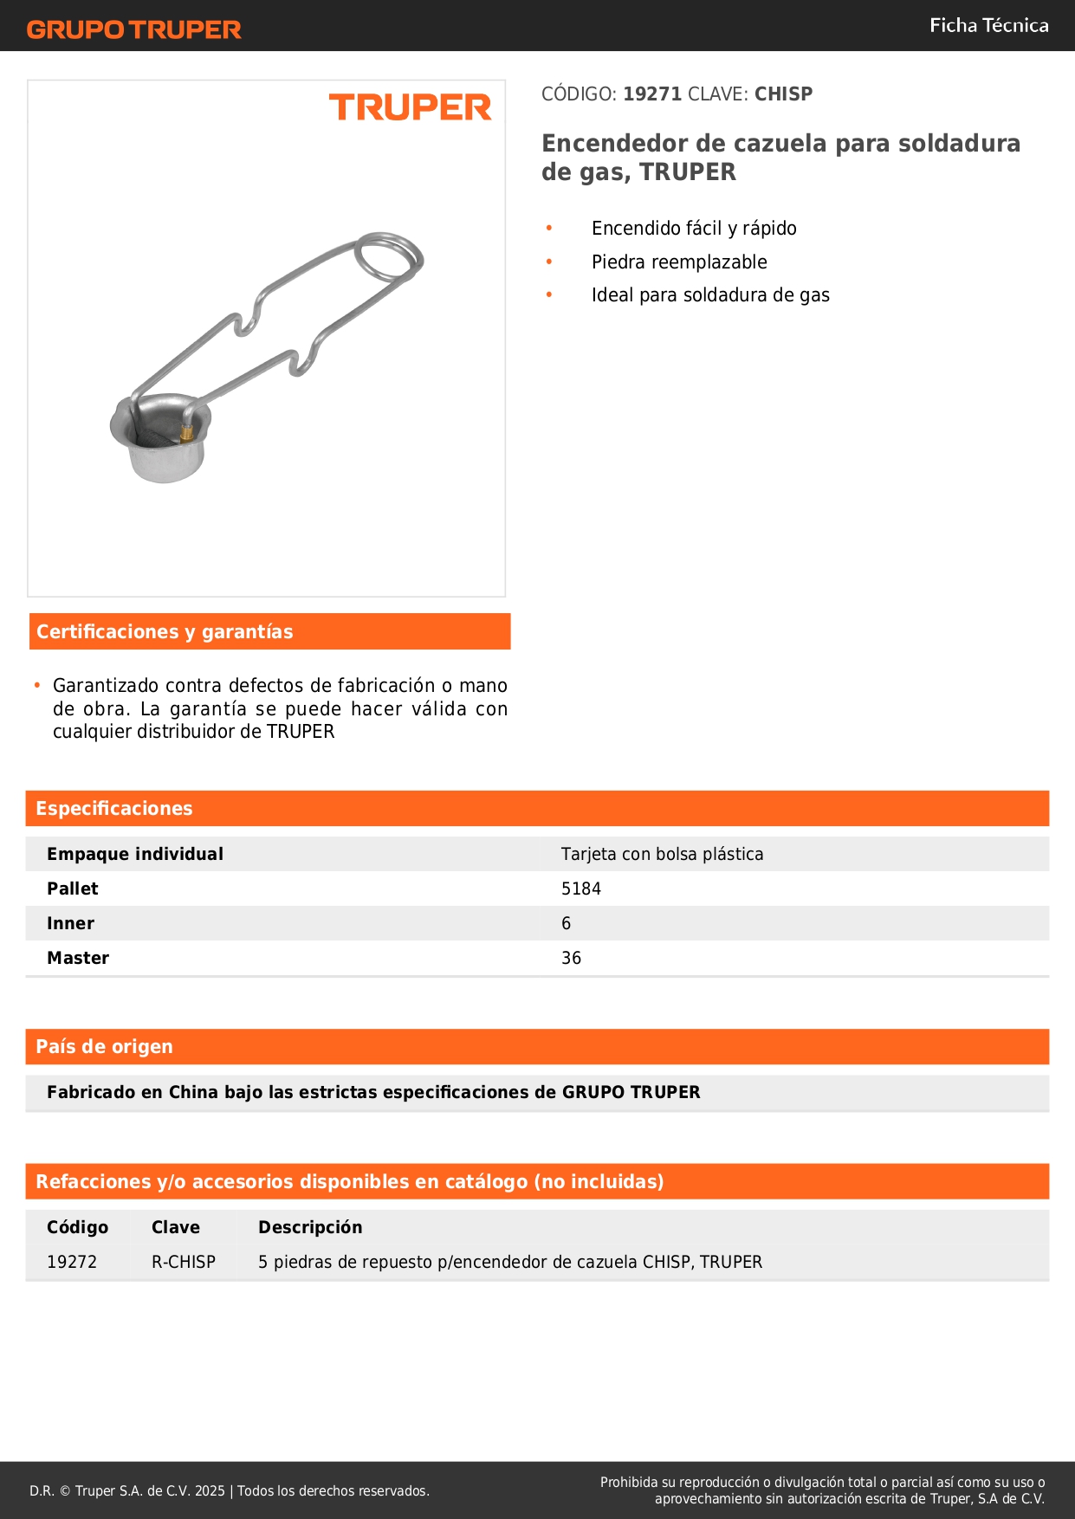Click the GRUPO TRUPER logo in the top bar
(x=133, y=29)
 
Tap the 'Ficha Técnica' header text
(x=988, y=26)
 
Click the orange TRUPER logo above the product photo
(x=410, y=107)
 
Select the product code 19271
(x=652, y=94)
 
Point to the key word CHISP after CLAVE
(x=783, y=94)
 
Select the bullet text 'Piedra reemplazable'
(x=679, y=262)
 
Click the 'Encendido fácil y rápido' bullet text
(x=694, y=229)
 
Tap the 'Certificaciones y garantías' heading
(x=165, y=632)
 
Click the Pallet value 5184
(x=580, y=889)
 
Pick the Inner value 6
(x=566, y=923)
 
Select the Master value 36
(x=571, y=958)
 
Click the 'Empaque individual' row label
(x=135, y=854)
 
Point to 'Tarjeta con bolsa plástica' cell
(x=662, y=854)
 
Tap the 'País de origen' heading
(x=104, y=1047)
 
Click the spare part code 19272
(x=72, y=1262)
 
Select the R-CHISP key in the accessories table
(x=184, y=1262)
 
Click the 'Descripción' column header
(x=310, y=1227)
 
